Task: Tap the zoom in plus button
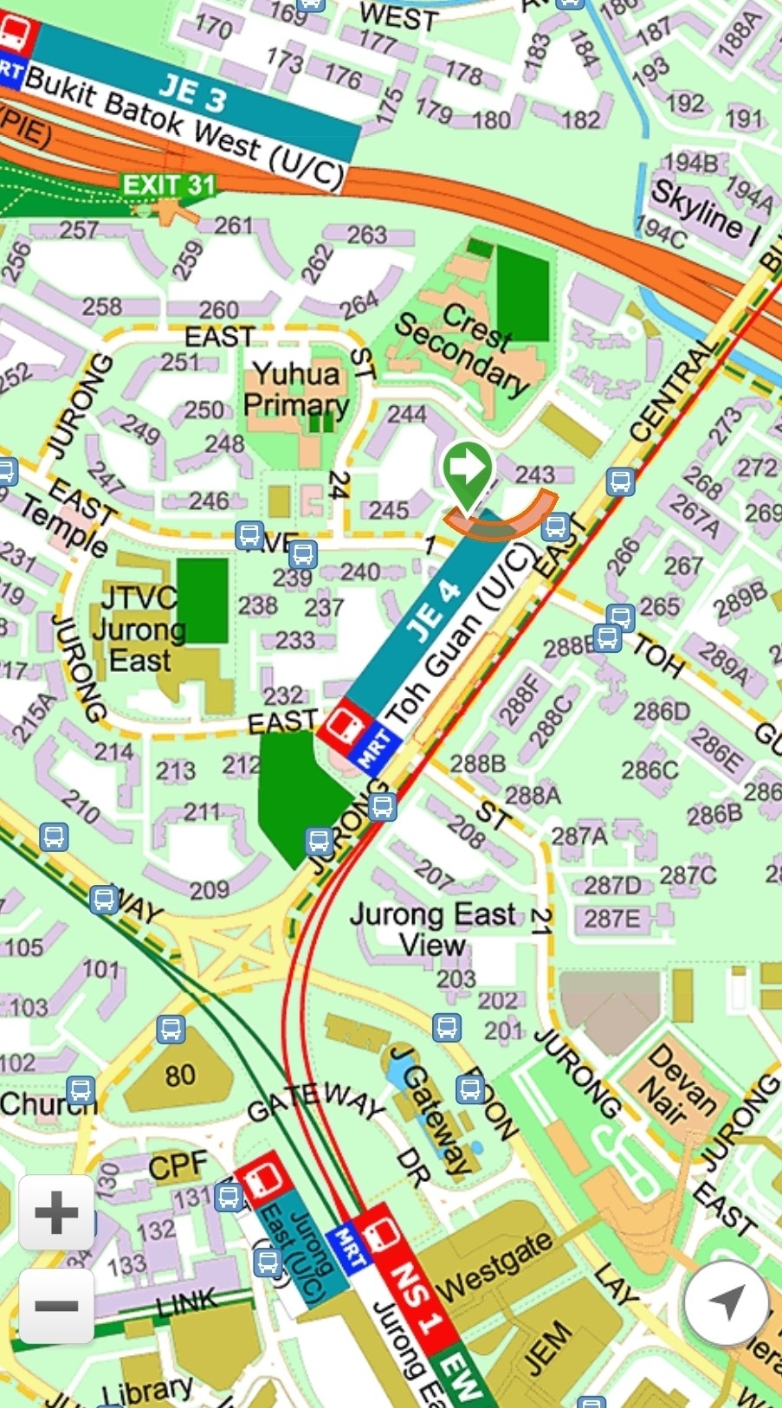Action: [x=56, y=1212]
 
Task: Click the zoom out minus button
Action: [x=56, y=1305]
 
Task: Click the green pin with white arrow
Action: [x=468, y=469]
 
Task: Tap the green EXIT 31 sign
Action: [x=168, y=184]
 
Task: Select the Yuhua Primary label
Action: [x=296, y=390]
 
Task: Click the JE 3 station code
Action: [x=192, y=94]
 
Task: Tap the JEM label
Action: [x=547, y=1347]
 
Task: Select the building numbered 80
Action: [x=179, y=1075]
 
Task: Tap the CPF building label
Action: [x=178, y=1166]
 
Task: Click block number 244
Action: [x=405, y=414]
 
